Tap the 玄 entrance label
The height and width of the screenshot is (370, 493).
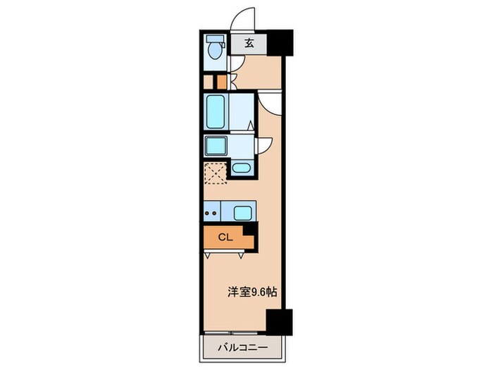click(x=249, y=44)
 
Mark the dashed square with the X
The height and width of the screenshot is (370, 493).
click(x=214, y=172)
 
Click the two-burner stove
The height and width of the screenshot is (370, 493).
click(x=211, y=211)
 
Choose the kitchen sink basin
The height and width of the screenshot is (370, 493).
click(x=242, y=212)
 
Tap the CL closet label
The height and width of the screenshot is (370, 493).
click(x=224, y=238)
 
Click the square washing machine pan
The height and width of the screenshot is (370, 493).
click(x=215, y=146)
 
